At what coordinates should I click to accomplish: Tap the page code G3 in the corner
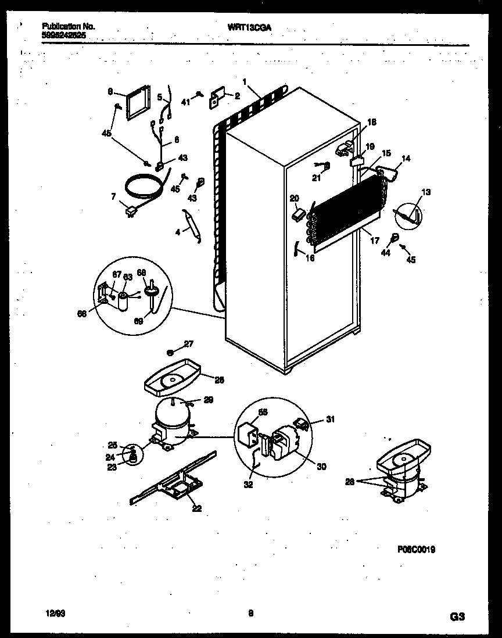[x=457, y=615]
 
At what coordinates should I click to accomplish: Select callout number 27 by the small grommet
[x=188, y=344]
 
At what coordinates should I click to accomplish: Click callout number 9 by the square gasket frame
[x=109, y=91]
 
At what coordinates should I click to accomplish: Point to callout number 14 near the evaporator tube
[x=406, y=158]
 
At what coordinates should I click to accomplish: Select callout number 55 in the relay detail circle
[x=262, y=412]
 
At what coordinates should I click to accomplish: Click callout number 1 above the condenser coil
[x=245, y=81]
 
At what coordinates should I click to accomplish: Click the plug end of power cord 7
[x=129, y=212]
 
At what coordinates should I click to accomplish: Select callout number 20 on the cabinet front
[x=293, y=198]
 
